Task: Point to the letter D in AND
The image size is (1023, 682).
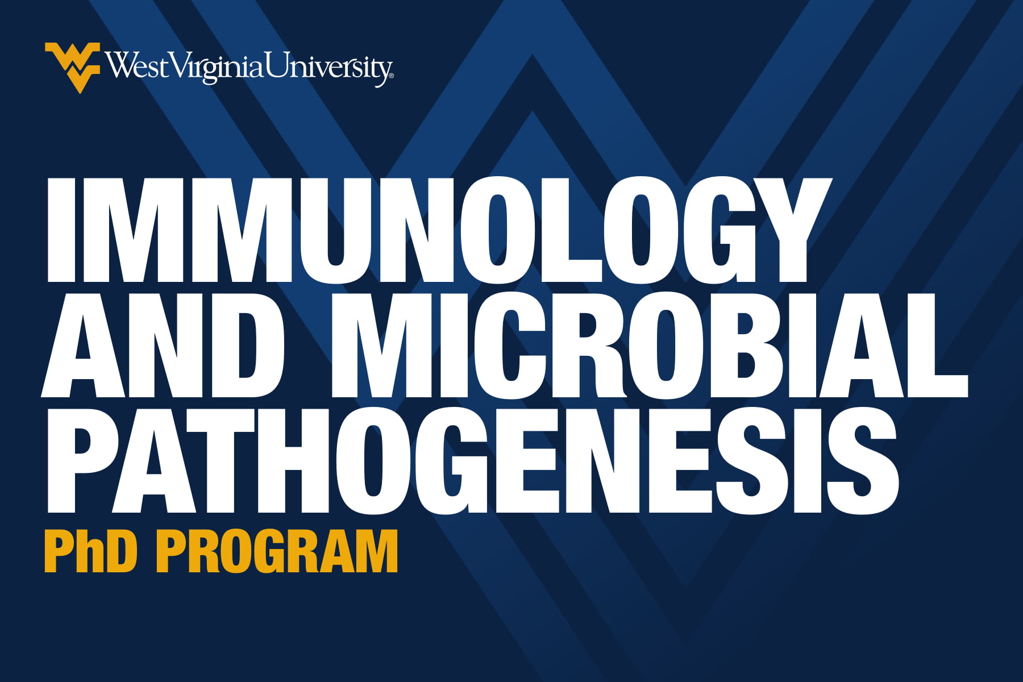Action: [247, 345]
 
